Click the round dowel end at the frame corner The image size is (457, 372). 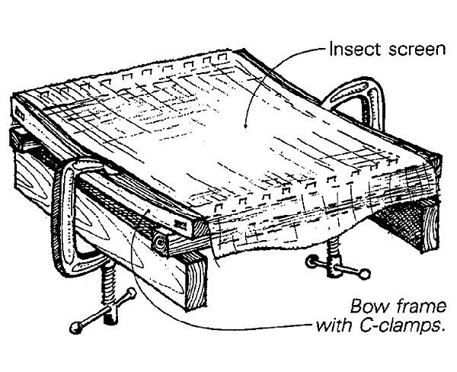tap(161, 242)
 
